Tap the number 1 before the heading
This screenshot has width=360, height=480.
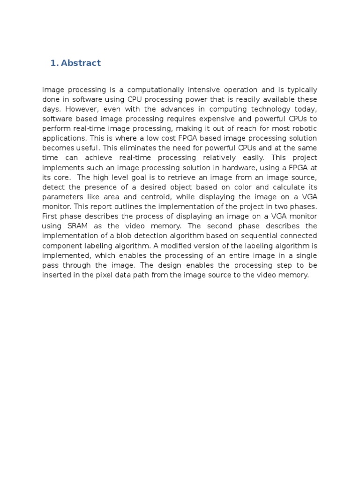point(52,63)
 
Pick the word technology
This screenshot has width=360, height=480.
point(275,109)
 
